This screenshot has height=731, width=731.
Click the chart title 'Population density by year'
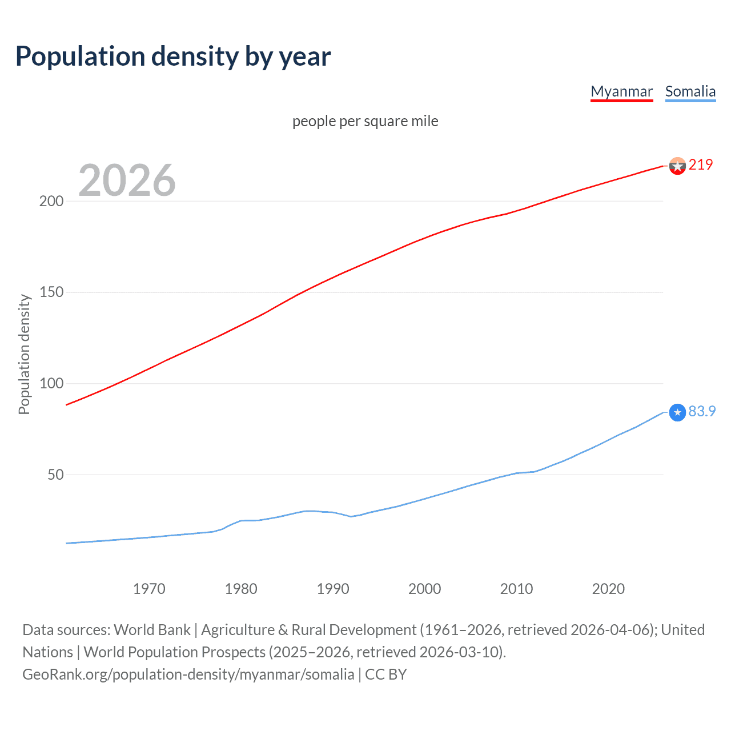(173, 57)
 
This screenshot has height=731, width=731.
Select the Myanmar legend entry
(621, 91)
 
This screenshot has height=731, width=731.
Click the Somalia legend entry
(690, 91)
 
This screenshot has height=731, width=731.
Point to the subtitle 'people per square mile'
(365, 121)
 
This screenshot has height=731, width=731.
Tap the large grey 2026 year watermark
(127, 180)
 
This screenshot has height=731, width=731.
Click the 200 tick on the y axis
(51, 201)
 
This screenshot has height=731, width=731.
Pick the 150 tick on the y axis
(51, 292)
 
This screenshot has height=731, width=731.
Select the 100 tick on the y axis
(51, 383)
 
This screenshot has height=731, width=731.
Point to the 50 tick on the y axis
(55, 475)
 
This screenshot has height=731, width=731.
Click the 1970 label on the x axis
(149, 589)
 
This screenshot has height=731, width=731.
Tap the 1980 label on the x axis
(241, 589)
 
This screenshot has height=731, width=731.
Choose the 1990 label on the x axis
(333, 589)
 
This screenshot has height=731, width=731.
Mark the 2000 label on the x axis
(424, 589)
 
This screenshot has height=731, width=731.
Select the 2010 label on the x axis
(516, 589)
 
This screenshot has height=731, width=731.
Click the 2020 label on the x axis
(608, 589)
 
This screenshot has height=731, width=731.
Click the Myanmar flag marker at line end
(677, 166)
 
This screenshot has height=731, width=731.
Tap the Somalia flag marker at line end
(677, 412)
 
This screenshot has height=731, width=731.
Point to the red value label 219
(701, 164)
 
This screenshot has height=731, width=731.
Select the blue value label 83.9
(702, 411)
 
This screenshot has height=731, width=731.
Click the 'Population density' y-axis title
(24, 354)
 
